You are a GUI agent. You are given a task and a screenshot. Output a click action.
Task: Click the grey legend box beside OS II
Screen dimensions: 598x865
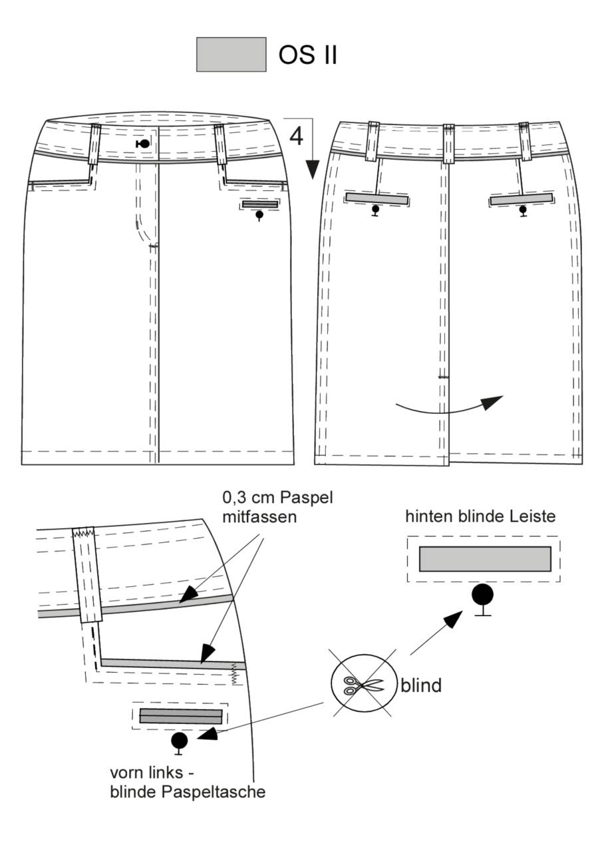[231, 55]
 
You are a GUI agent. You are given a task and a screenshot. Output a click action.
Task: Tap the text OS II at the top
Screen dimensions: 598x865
[308, 55]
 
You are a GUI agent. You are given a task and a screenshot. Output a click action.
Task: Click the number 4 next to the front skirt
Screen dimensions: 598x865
[296, 136]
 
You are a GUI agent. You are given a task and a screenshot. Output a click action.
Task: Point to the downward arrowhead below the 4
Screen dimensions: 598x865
[313, 169]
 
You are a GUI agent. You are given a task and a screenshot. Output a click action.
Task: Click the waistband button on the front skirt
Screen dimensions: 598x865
[143, 144]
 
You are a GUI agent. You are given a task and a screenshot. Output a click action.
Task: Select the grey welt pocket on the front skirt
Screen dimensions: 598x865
[260, 204]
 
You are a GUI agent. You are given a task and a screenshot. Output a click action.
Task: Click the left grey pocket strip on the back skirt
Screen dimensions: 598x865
[376, 198]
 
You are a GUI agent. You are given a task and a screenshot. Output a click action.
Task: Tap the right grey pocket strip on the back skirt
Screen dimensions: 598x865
[522, 199]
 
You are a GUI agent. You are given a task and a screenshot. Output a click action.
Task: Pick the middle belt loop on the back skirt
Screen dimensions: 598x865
[448, 144]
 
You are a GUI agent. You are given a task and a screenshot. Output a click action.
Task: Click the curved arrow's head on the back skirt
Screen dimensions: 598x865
[493, 402]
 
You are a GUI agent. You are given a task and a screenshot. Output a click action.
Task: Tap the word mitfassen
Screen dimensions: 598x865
[259, 517]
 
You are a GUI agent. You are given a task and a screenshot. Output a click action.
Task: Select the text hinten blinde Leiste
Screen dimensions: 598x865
[480, 516]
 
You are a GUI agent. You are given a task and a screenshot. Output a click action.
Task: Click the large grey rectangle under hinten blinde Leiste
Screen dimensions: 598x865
[485, 559]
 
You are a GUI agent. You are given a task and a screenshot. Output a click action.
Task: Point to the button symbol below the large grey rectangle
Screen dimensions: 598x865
[482, 599]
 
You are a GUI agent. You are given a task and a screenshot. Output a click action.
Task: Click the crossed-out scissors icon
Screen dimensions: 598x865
[364, 684]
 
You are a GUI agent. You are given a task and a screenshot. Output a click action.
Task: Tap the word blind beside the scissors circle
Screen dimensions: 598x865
[421, 686]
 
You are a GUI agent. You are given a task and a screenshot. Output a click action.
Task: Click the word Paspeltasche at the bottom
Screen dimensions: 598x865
[214, 792]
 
